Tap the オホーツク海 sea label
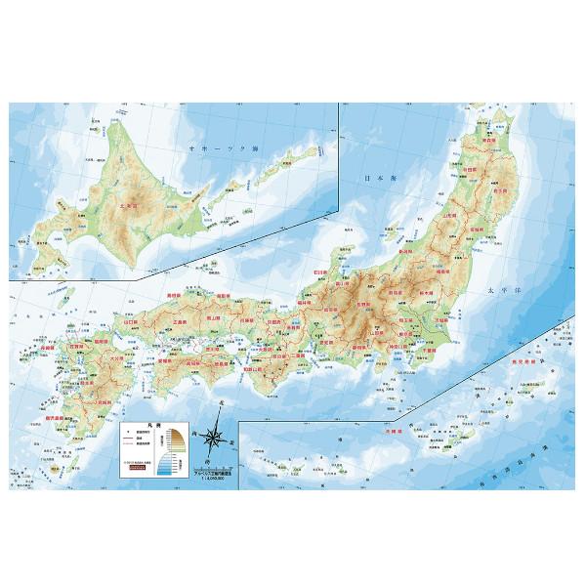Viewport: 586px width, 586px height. [x=209, y=147]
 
